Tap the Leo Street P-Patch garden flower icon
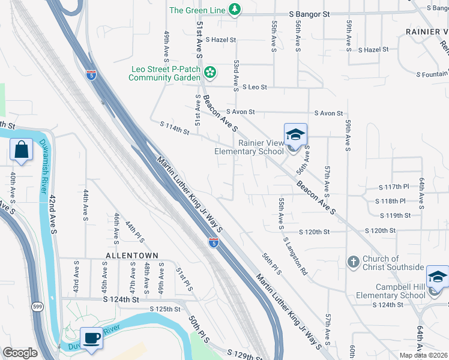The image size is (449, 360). pos(209,73)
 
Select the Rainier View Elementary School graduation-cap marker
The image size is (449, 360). pos(295,136)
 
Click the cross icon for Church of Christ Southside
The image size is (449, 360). pos(354,262)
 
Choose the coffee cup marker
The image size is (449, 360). pos(91,338)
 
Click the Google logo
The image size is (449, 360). pos(20,353)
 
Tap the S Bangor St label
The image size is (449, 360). pos(310,14)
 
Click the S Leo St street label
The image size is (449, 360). pos(254,87)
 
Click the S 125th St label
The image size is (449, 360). pos(165,309)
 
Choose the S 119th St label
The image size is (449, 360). pos(396,215)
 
